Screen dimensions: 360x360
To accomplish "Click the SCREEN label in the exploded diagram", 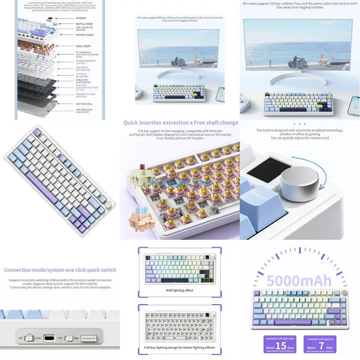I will coord(81,18).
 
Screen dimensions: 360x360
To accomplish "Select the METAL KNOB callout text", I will coord(84,24).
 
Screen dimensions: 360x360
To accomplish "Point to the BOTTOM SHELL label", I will coord(84,104).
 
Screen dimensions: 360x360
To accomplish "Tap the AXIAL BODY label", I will coord(83,46).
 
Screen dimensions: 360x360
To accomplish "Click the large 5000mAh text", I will coord(299,281).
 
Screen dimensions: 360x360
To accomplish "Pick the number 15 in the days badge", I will coord(281,346).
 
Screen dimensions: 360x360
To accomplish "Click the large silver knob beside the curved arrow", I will coord(300,184).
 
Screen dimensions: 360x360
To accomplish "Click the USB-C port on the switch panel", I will coord(50,339).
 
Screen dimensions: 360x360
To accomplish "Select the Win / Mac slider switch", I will coord(69,339).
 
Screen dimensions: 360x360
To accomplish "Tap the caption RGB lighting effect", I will coord(180,290).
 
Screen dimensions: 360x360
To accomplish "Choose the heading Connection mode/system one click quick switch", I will coord(60,270).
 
